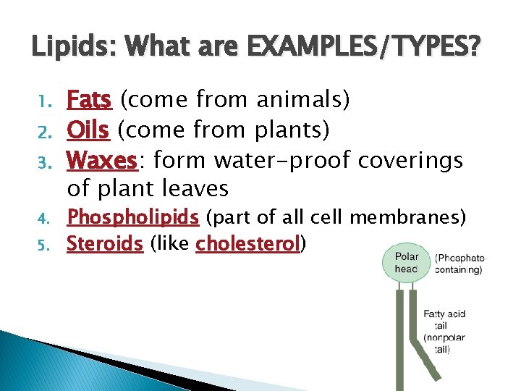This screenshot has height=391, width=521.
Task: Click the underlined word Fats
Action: pyautogui.click(x=89, y=99)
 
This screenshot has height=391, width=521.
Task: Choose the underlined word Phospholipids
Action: pyautogui.click(x=132, y=217)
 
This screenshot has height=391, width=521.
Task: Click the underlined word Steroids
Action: pyautogui.click(x=104, y=244)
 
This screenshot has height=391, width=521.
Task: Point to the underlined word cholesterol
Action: pyautogui.click(x=247, y=244)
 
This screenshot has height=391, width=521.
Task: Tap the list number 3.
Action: pyautogui.click(x=43, y=161)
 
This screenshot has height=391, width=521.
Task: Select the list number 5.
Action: pyautogui.click(x=43, y=245)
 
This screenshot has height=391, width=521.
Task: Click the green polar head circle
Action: pyautogui.click(x=405, y=262)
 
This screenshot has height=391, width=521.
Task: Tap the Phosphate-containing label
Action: pyautogui.click(x=460, y=264)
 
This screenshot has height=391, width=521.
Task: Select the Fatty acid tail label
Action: pyautogui.click(x=444, y=319)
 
